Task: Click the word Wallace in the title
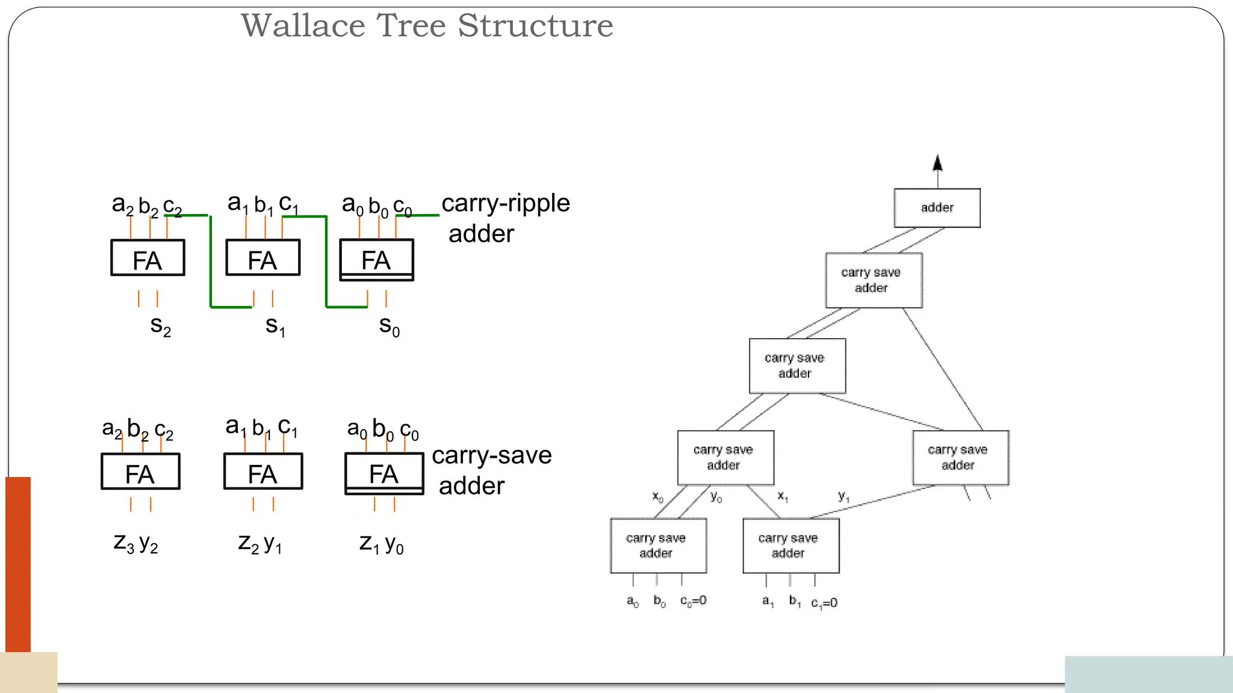tap(303, 26)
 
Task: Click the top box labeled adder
tap(937, 208)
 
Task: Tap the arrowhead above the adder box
tap(937, 163)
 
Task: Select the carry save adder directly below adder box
tap(874, 280)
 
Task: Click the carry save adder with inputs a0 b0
tap(658, 546)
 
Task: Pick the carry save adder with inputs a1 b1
tap(790, 546)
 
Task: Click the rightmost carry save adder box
tap(960, 458)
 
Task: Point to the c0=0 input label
tap(693, 600)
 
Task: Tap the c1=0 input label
tap(824, 603)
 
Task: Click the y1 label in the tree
tap(843, 496)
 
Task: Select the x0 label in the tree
tap(657, 497)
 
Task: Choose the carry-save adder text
tap(491, 470)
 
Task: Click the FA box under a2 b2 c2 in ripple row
tap(148, 258)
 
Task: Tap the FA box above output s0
tap(376, 260)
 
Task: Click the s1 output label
tap(275, 326)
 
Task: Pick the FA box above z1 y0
tap(384, 473)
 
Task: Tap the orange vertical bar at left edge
tap(18, 564)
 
